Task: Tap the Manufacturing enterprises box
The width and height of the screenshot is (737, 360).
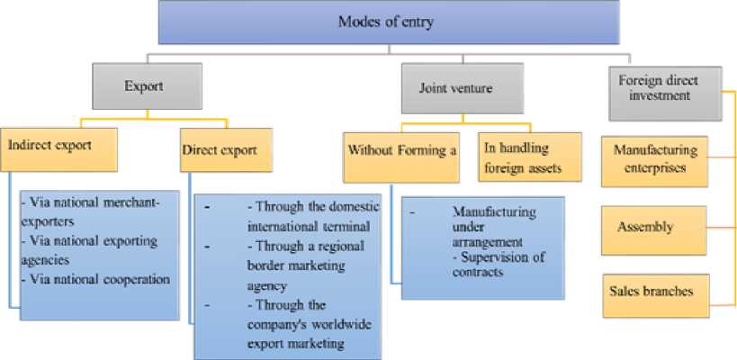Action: pyautogui.click(x=655, y=157)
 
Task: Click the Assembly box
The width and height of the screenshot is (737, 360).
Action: pyautogui.click(x=655, y=227)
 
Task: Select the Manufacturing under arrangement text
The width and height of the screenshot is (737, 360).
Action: pyautogui.click(x=493, y=225)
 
